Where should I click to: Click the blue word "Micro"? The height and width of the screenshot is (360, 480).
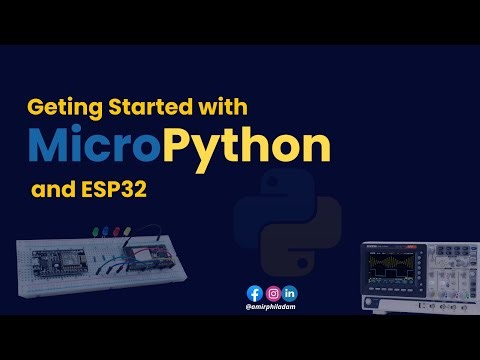tap(95, 147)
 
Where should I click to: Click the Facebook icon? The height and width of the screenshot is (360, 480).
tap(254, 293)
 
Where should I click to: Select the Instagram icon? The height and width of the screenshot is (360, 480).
tap(272, 293)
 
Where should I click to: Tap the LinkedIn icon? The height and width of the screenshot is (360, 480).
tap(290, 293)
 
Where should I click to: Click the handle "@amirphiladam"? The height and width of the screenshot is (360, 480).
tap(271, 308)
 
